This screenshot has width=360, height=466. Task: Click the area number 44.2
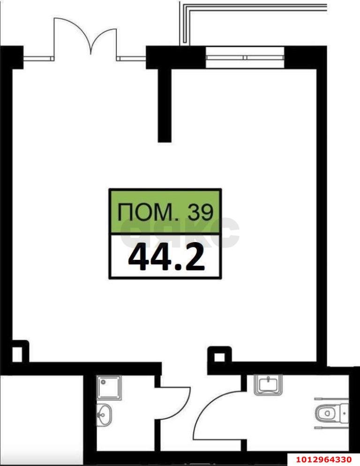[166, 258]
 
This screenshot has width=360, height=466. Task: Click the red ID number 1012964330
[324, 459]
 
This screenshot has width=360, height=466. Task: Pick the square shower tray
[109, 387]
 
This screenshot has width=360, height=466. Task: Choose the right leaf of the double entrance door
[104, 41]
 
